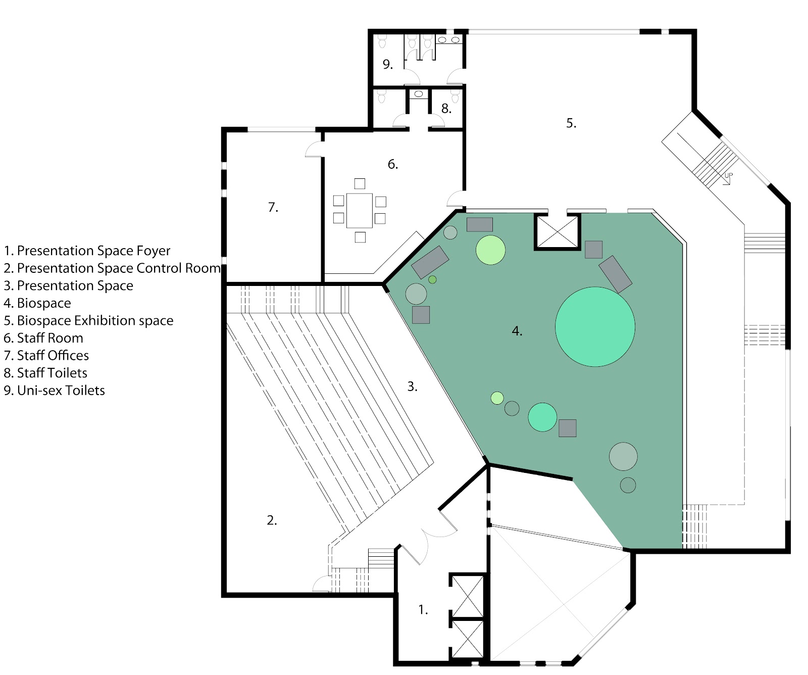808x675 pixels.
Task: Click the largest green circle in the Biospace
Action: tap(595, 326)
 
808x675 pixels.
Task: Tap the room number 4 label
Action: tap(517, 331)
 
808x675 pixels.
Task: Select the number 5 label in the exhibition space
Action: tap(571, 123)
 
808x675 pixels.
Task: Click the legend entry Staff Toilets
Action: tap(45, 373)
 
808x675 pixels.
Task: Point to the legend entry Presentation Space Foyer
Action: tap(87, 251)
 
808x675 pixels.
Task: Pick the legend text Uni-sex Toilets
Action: tap(54, 391)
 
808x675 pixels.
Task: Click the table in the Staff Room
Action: tap(360, 210)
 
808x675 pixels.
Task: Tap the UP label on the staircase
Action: tap(728, 176)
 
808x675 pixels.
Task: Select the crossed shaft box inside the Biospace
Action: tap(557, 231)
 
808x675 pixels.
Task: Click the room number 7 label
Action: tap(273, 207)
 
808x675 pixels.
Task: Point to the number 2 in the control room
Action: tap(272, 520)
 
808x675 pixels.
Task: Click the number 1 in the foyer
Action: tap(423, 610)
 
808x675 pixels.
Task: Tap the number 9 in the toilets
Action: tap(387, 64)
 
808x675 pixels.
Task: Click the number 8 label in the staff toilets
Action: tap(446, 108)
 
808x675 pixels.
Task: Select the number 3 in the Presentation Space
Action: tap(412, 387)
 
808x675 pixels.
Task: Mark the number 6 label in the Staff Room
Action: tap(392, 164)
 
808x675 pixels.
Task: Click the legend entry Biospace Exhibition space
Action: tap(88, 320)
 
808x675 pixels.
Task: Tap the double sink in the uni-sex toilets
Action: tap(449, 39)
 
